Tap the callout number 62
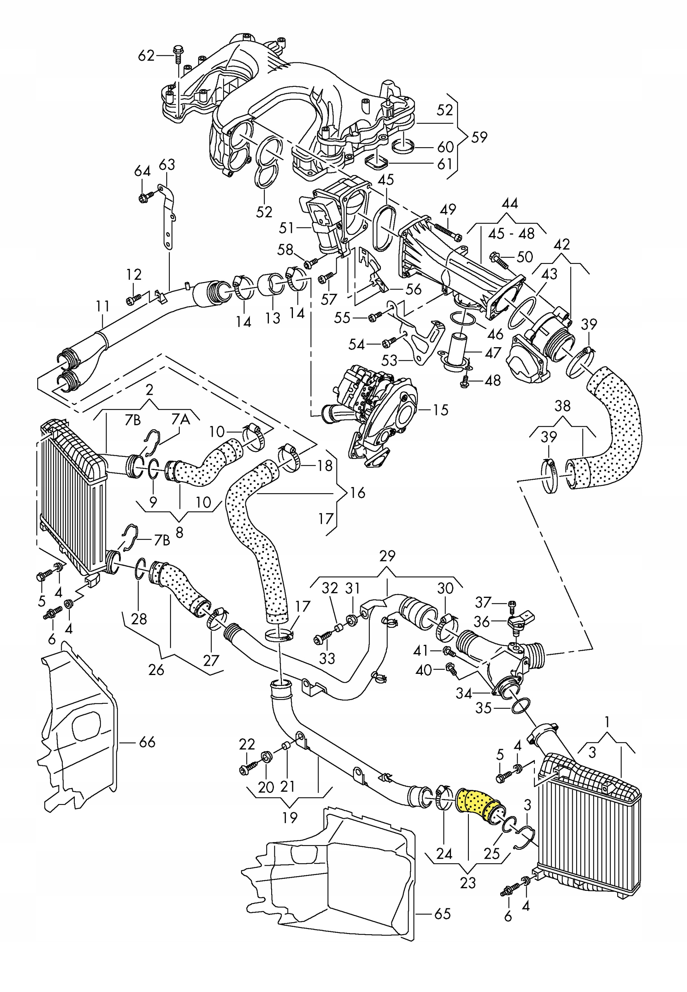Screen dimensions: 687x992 (146, 55)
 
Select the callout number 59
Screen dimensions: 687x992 (479, 137)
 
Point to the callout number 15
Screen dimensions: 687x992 (440, 410)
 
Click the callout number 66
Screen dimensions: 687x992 (147, 742)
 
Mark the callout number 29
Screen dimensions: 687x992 (387, 556)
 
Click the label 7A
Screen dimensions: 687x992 (181, 419)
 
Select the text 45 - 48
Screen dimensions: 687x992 (511, 234)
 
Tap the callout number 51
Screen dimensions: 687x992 (286, 228)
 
